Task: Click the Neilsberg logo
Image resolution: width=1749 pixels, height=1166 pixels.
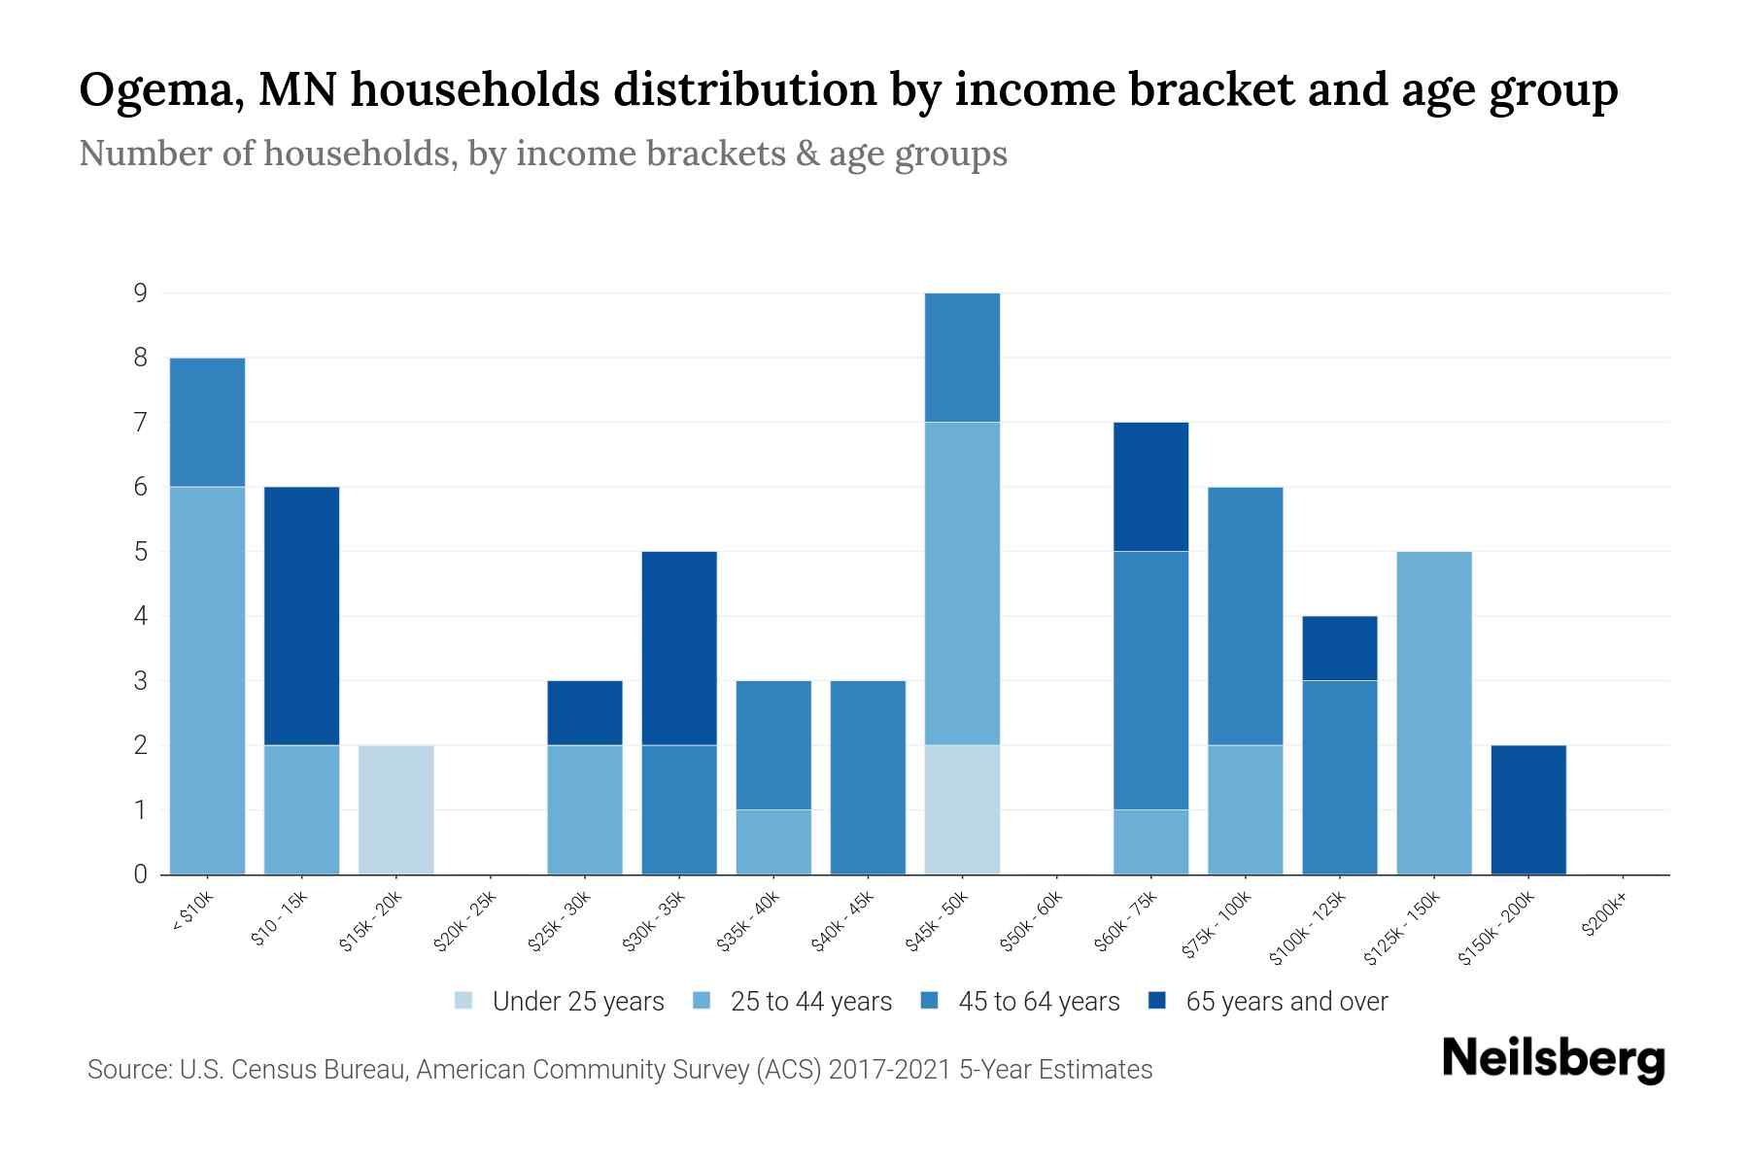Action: coord(1553,1059)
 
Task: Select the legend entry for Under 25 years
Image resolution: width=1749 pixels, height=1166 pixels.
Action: coord(560,1002)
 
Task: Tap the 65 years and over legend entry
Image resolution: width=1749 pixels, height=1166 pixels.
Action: coord(1268,1002)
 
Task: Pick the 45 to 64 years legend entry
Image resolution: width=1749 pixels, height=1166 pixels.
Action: coord(1020,1002)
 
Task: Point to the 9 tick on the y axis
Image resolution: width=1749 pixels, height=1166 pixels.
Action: coord(141,292)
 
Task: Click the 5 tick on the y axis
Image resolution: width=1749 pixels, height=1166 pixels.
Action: coord(141,552)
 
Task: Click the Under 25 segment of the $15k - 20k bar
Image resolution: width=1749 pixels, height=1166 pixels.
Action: coord(396,809)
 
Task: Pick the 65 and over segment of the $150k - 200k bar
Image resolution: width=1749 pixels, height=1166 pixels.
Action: coord(1528,809)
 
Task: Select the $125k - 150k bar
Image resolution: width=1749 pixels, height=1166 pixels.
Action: coord(1434,712)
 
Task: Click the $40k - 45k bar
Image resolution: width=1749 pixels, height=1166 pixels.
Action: coord(868,777)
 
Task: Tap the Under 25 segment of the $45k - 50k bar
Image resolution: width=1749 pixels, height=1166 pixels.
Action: coord(962,809)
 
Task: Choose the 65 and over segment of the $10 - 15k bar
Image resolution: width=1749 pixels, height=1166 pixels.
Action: coord(302,616)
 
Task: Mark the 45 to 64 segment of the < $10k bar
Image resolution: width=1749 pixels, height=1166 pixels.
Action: coord(208,422)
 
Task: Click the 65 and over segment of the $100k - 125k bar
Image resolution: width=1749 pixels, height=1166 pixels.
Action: coord(1340,648)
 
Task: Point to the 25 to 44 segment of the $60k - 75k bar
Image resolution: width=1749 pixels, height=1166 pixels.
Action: coord(1150,841)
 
